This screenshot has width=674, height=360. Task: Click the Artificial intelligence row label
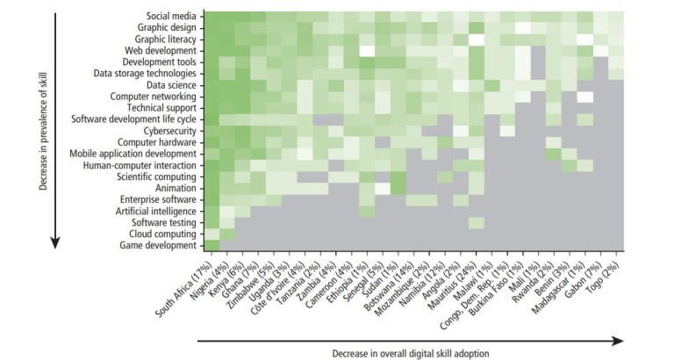tap(154, 211)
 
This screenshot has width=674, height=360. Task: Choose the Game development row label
tap(158, 245)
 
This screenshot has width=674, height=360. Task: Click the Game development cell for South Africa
tap(210, 245)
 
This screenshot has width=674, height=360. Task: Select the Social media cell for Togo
tap(618, 17)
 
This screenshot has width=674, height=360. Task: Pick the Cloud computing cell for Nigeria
tap(226, 234)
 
